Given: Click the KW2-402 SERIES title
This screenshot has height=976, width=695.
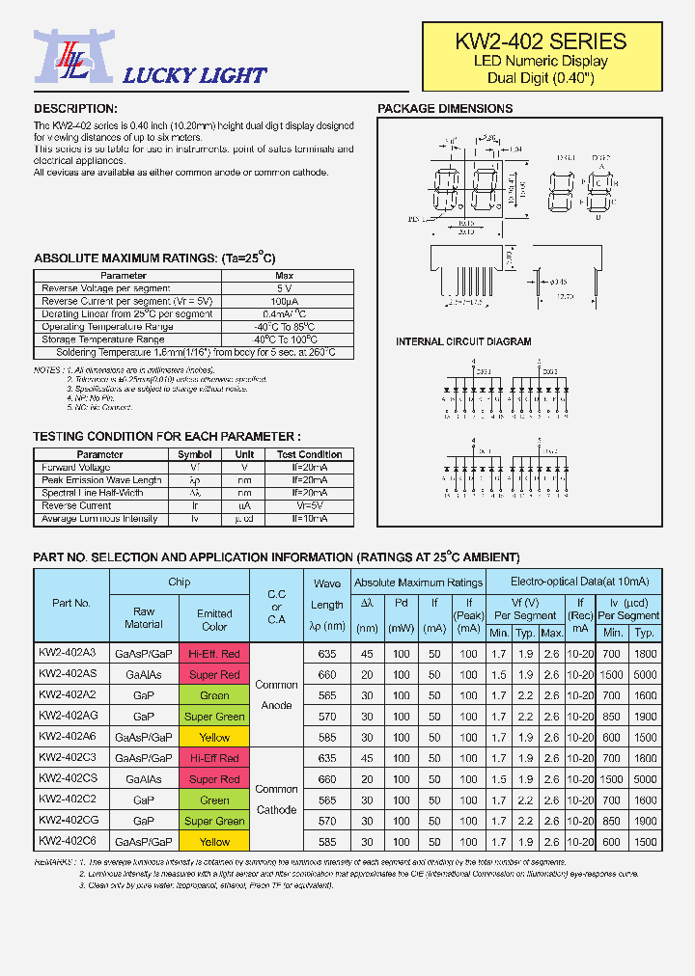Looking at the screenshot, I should [541, 41].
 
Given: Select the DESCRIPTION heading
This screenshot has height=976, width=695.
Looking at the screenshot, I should [75, 109].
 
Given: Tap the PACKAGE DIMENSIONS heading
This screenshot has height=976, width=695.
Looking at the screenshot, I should [444, 109].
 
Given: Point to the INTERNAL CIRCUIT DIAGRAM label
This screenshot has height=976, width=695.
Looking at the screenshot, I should [463, 342].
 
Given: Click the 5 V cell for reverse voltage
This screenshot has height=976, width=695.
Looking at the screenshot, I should [284, 288].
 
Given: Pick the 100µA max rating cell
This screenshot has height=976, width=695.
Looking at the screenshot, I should [284, 302].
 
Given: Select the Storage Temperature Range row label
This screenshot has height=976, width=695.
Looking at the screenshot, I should [103, 339].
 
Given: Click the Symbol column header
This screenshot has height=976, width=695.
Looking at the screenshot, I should [195, 454].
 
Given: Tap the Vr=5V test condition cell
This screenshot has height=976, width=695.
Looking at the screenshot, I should [310, 505].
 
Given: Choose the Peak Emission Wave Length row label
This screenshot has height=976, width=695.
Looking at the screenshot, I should [101, 480].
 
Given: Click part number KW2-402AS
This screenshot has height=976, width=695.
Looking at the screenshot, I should [67, 674].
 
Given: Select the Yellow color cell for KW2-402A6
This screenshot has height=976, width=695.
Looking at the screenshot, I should [214, 738].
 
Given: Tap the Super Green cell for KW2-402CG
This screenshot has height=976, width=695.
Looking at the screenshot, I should [214, 821].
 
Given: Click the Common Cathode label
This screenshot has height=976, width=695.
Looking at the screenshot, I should [276, 800].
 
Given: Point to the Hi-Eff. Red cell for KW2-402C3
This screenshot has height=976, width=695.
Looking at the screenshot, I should [214, 758].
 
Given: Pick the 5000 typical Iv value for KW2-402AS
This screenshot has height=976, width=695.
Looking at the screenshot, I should [645, 675].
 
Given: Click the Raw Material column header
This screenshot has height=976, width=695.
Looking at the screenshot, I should [144, 617].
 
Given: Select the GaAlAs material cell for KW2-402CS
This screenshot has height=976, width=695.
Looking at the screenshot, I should [144, 779].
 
